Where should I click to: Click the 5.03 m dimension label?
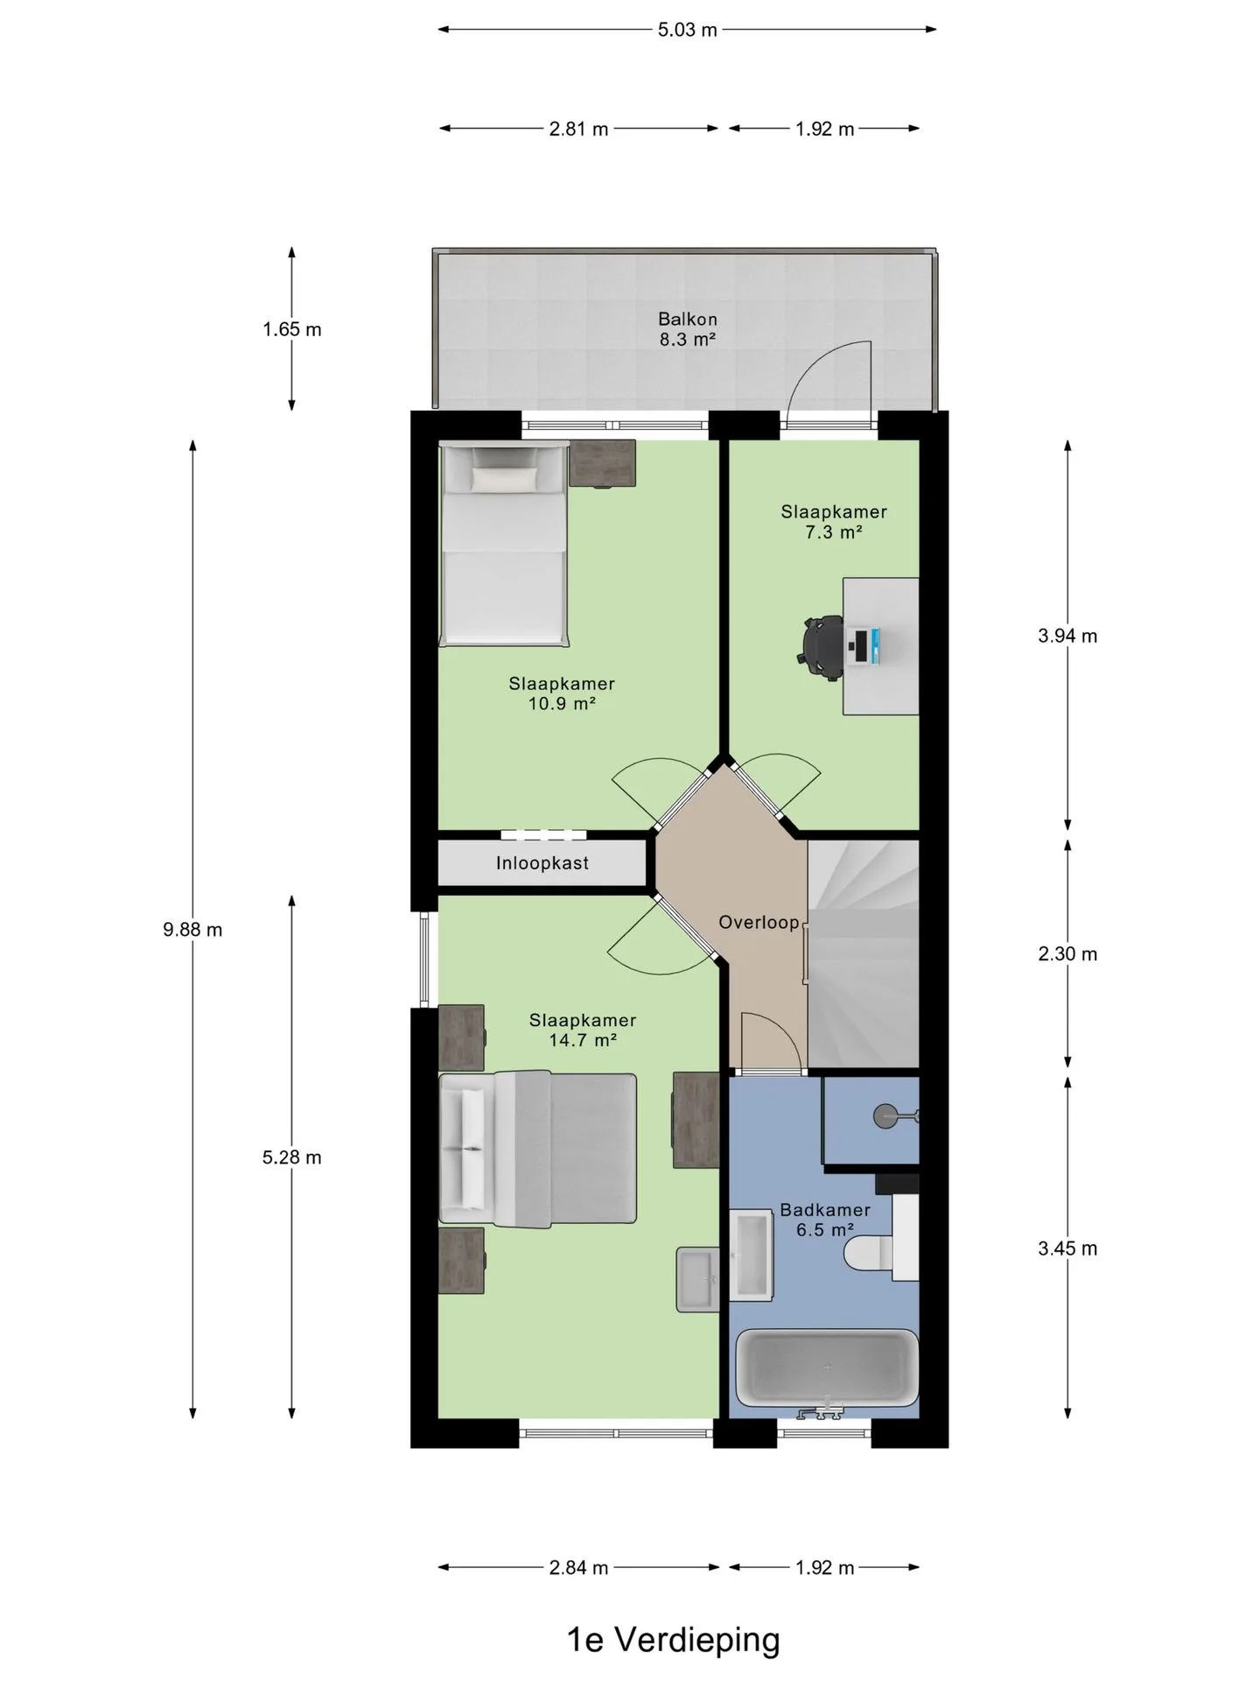687,30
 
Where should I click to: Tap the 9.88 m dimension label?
192,930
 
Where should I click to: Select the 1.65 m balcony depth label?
291,329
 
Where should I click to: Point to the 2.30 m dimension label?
1067,953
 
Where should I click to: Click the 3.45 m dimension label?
1067,1248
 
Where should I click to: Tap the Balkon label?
688,319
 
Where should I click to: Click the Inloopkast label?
542,863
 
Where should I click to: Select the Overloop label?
759,922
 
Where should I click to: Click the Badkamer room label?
825,1210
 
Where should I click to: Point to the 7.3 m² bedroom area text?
834,532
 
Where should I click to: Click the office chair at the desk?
821,646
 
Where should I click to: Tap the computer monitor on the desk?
864,646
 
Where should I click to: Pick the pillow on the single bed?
505,478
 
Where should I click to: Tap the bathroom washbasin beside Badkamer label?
752,1255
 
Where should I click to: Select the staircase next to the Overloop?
863,953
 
